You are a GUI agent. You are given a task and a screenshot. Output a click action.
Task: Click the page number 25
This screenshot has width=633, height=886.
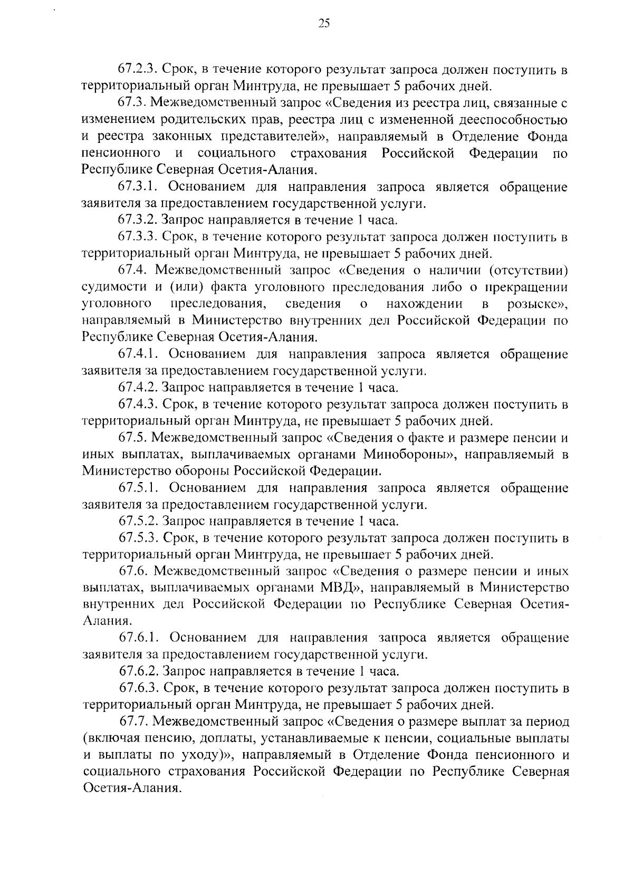click(x=324, y=23)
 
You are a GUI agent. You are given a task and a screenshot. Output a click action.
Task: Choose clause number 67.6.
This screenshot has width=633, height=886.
click(x=132, y=571)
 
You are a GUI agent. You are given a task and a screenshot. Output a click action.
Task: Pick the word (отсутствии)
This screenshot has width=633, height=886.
click(x=527, y=271)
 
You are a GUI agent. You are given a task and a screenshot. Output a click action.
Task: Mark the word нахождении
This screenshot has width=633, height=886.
click(x=425, y=304)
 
